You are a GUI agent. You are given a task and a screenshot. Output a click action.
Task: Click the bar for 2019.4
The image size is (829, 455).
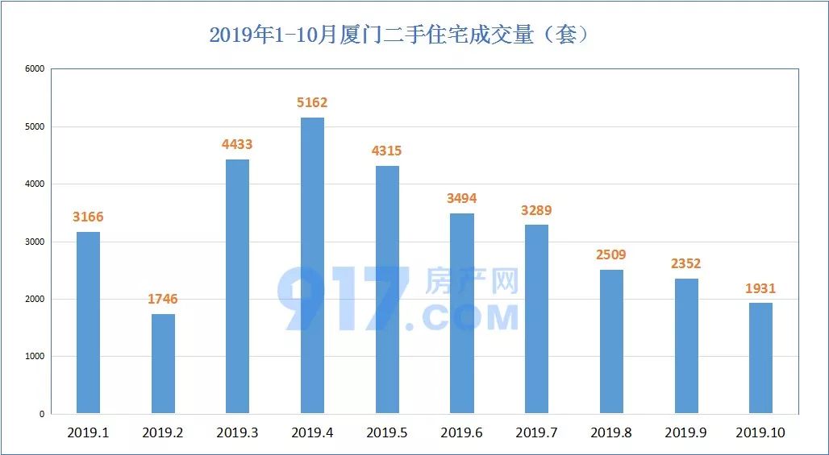tap(312, 266)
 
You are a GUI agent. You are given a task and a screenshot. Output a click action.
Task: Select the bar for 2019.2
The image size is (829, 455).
tap(163, 364)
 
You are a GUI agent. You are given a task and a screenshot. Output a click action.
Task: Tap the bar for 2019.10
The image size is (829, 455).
tap(760, 358)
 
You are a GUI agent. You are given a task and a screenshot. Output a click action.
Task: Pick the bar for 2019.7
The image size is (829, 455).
tap(536, 319)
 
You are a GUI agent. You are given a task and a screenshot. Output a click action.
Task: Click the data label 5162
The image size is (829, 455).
tap(312, 103)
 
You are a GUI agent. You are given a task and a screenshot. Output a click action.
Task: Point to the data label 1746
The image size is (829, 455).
tap(163, 300)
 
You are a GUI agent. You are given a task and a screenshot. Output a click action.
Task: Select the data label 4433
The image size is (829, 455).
tap(237, 145)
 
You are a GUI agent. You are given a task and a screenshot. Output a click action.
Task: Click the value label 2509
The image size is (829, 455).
tap(611, 255)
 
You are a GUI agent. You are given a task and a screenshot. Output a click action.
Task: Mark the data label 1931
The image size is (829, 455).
tap(760, 288)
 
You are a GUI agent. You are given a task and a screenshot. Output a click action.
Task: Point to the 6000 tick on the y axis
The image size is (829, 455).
tap(34, 69)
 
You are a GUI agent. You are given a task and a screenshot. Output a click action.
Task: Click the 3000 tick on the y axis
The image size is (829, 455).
tap(34, 242)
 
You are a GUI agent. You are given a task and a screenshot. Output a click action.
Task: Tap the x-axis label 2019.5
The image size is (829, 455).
tap(387, 433)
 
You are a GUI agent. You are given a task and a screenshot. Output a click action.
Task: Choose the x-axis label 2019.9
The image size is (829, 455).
tap(685, 433)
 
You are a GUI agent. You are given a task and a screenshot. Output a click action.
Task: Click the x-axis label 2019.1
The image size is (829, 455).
tap(88, 433)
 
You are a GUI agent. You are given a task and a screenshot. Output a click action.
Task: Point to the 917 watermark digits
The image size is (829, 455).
tap(342, 300)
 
